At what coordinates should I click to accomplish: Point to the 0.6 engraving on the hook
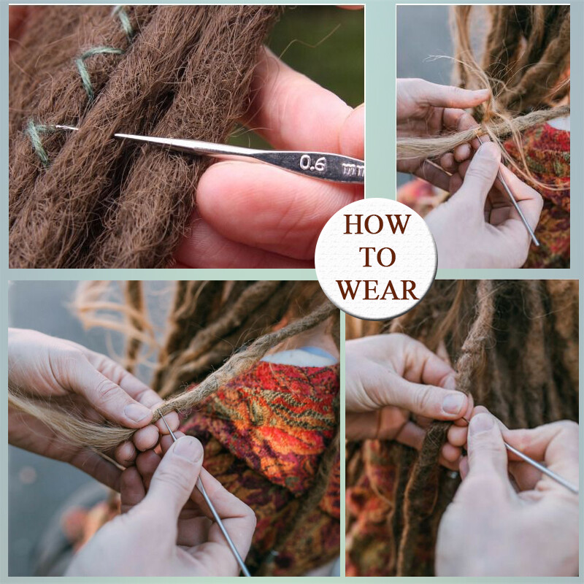[x=312, y=164]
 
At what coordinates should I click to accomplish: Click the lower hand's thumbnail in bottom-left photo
[x=189, y=447]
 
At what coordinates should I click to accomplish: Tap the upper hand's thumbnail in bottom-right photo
[x=453, y=402]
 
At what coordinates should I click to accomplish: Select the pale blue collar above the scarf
[x=310, y=356]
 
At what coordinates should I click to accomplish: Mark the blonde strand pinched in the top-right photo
[x=438, y=142]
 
